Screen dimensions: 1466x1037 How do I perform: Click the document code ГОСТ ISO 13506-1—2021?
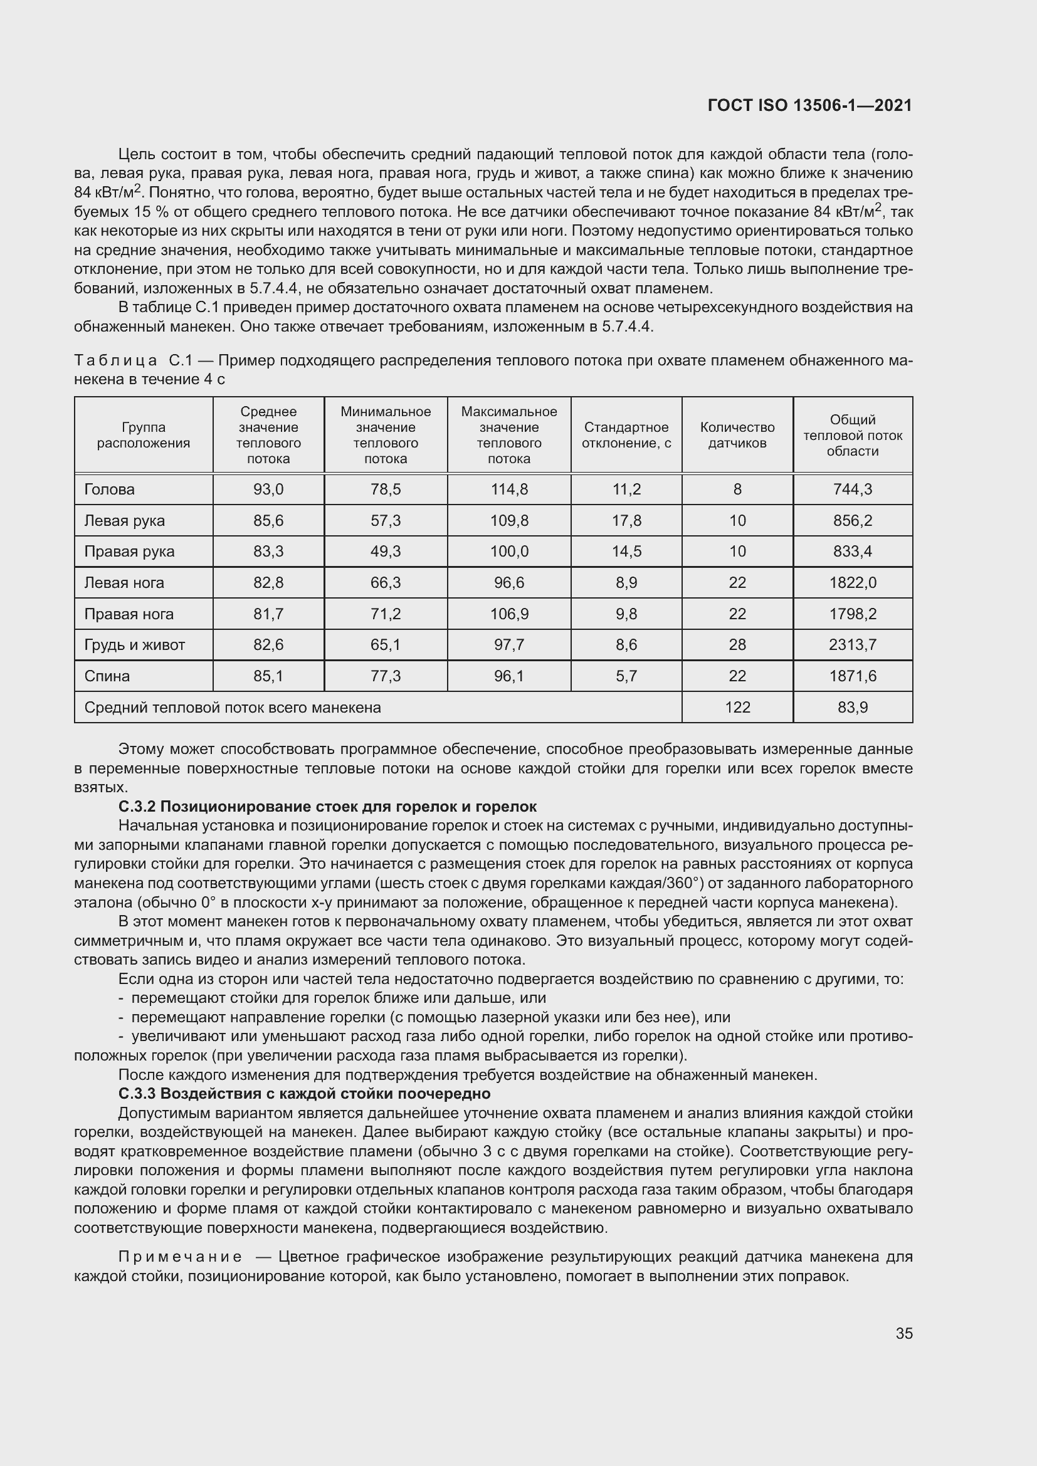coord(809,105)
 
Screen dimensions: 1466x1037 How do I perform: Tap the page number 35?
coord(903,1333)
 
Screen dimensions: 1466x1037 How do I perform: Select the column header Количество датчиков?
coord(737,435)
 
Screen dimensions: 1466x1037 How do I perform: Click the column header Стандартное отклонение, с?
coord(626,435)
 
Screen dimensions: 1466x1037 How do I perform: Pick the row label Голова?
coord(109,489)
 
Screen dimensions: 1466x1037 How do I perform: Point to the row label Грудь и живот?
coord(134,644)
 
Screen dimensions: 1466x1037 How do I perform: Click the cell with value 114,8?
coord(509,489)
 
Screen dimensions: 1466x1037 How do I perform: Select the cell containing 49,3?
coord(386,551)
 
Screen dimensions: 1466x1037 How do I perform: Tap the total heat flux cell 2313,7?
coord(853,644)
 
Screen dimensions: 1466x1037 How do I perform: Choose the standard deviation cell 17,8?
coord(626,520)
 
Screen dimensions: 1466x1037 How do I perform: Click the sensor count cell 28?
coord(737,644)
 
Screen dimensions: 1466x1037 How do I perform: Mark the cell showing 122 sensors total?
coord(737,707)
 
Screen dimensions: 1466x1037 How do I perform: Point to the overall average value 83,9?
coord(853,707)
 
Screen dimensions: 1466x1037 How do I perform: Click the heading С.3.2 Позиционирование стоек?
coord(327,806)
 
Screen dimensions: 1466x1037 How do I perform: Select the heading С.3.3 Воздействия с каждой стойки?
coord(304,1093)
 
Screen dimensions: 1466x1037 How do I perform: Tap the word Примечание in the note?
coord(180,1257)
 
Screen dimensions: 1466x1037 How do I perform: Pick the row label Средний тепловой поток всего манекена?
coord(233,707)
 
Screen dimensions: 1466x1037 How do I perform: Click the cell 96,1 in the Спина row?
coord(509,676)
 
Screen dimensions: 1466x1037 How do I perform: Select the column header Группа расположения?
coord(144,435)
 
